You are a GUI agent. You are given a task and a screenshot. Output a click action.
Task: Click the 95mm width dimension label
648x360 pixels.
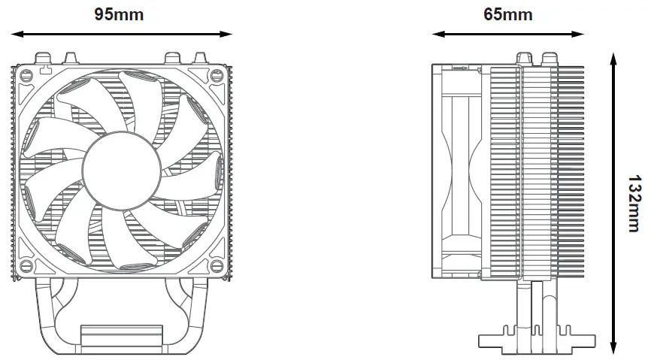pos(119,14)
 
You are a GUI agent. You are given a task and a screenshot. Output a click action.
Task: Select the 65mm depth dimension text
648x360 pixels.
pos(507,14)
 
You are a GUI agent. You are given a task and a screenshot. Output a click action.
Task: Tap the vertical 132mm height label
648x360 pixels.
pos(634,204)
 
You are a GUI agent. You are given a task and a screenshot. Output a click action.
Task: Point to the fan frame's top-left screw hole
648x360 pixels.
pos(26,75)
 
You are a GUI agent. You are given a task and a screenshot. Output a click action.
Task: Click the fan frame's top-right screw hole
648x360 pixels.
pos(218,75)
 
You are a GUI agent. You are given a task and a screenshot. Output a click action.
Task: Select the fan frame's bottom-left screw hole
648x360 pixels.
pos(26,267)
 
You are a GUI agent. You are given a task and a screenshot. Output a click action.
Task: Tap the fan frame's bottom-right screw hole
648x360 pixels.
pos(218,267)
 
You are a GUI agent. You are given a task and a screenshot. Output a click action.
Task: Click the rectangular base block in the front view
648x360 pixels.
pos(121,336)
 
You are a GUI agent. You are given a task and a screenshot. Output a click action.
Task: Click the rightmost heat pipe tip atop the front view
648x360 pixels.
pos(201,57)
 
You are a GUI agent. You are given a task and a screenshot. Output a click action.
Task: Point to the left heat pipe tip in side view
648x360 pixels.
pos(524,57)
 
